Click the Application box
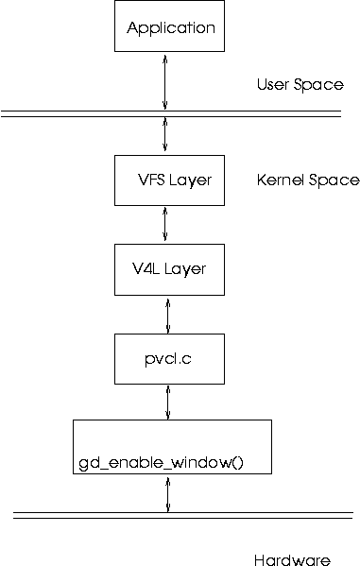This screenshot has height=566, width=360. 171,27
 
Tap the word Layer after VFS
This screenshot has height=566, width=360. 193,180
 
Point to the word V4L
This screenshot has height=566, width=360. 148,268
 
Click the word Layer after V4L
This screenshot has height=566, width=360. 186,268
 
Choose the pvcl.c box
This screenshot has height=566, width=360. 169,359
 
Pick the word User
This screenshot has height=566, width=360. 274,85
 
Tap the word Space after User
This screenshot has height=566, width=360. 319,85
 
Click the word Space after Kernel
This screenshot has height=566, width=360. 334,180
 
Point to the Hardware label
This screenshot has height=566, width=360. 292,560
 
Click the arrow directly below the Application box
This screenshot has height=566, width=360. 166,82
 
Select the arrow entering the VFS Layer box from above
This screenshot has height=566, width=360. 166,134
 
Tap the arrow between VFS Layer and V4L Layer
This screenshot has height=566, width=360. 166,224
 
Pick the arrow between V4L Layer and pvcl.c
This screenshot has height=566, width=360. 168,314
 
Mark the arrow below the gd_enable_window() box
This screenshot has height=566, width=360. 168,494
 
